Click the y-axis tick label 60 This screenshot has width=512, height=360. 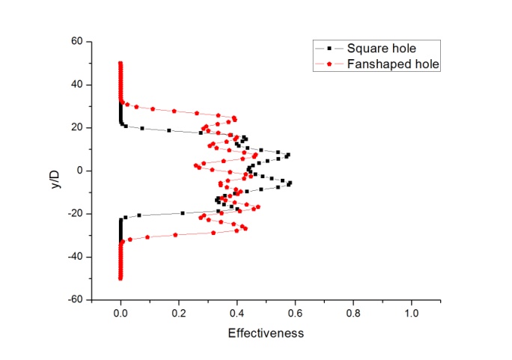click(x=76, y=41)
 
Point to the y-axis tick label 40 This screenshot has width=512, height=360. click(x=76, y=85)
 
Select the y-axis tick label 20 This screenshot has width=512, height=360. click(x=76, y=127)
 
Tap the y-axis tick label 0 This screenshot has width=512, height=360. click(x=79, y=171)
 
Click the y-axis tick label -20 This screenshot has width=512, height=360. click(x=74, y=213)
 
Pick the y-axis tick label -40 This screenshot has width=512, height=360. click(x=74, y=257)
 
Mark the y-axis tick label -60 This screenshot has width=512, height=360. click(x=74, y=299)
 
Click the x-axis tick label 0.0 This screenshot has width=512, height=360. click(x=121, y=311)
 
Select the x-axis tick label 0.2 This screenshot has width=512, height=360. click(x=179, y=311)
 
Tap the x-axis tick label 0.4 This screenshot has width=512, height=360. click(x=237, y=311)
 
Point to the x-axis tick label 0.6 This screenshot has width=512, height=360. click(x=295, y=311)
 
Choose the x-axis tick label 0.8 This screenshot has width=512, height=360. click(x=353, y=311)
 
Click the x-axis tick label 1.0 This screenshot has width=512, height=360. click(x=411, y=311)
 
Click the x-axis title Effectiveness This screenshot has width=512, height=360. click(x=266, y=333)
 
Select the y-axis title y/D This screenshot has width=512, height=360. click(x=49, y=171)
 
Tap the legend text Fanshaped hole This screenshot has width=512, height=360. click(x=393, y=64)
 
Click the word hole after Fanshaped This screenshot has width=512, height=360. click(x=426, y=64)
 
